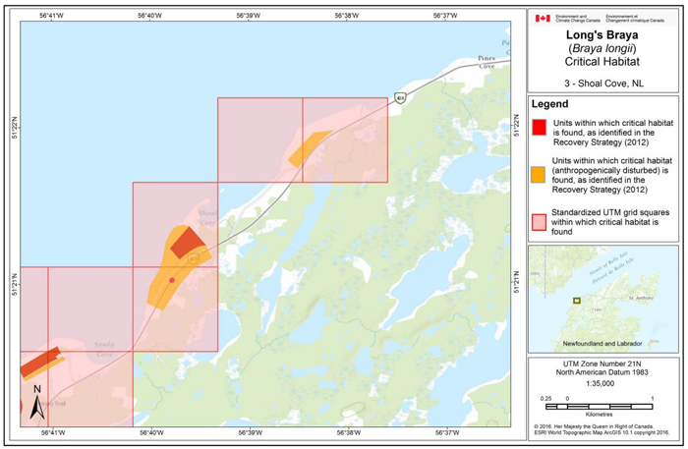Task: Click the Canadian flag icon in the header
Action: point(543,18)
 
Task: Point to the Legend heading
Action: point(550,104)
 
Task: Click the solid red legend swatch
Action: point(539,127)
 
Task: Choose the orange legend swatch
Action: point(539,175)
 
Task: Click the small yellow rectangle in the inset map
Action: point(579,300)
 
